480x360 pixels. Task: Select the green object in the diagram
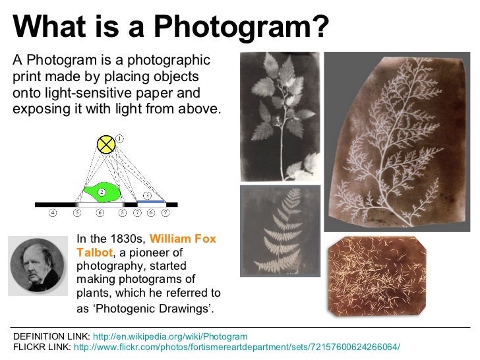(x=103, y=192)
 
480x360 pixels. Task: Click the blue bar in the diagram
(x=151, y=200)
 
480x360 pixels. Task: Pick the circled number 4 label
(x=53, y=213)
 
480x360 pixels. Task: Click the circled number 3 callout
(x=148, y=196)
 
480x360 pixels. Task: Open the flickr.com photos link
(x=237, y=347)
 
